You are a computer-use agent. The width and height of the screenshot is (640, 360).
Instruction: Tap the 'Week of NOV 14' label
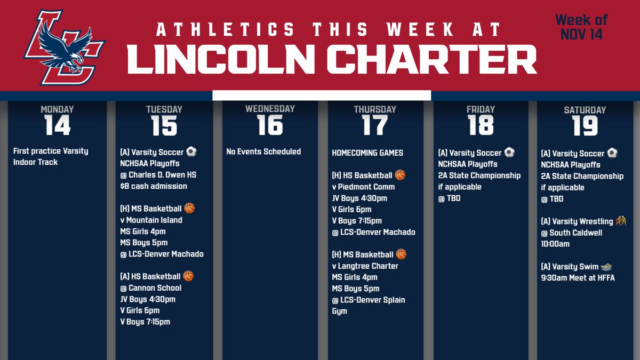point(581,27)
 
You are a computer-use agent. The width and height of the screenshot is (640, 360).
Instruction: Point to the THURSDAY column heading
point(375,109)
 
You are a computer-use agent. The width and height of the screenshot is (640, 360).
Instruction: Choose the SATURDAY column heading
point(585,110)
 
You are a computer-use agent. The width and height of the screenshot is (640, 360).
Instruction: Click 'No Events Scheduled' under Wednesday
point(263,151)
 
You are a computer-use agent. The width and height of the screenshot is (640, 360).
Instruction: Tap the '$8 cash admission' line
point(154,186)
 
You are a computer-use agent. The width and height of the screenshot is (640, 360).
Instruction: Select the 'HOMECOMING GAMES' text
point(367,153)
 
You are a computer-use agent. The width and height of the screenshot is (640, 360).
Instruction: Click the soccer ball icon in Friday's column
point(509,153)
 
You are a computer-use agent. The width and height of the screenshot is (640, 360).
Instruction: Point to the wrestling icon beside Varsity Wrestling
point(621,221)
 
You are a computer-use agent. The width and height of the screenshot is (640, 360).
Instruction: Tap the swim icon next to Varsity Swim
point(606,266)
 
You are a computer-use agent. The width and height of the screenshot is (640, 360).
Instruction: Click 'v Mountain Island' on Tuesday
point(151,220)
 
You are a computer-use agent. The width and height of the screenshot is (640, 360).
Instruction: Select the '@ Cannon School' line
point(151,288)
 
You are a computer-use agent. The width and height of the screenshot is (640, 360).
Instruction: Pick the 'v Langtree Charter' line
point(365,266)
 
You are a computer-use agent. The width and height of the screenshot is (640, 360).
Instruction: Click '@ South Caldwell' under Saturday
point(571,233)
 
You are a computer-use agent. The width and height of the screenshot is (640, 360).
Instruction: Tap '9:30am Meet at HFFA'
point(578,277)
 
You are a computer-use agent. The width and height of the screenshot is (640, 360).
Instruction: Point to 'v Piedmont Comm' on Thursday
point(363,187)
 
